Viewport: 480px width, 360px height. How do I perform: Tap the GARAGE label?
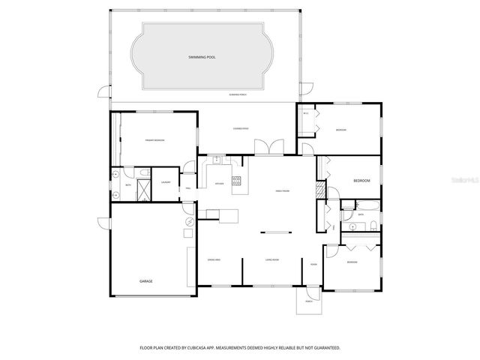(145, 281)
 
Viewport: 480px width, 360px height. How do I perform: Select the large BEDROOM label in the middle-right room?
(361, 181)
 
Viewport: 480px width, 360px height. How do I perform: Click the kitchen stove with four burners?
(236, 180)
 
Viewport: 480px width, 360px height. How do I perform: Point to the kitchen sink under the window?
(217, 160)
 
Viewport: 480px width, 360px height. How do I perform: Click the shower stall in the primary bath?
(142, 190)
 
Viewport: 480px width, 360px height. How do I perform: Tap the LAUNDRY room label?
(165, 182)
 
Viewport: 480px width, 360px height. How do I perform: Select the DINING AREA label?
(214, 259)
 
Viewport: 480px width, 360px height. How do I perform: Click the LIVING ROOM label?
(272, 259)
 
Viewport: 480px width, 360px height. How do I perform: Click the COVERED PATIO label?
(241, 128)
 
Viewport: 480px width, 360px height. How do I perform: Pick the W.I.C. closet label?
(305, 113)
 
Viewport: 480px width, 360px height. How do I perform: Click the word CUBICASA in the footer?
(214, 348)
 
